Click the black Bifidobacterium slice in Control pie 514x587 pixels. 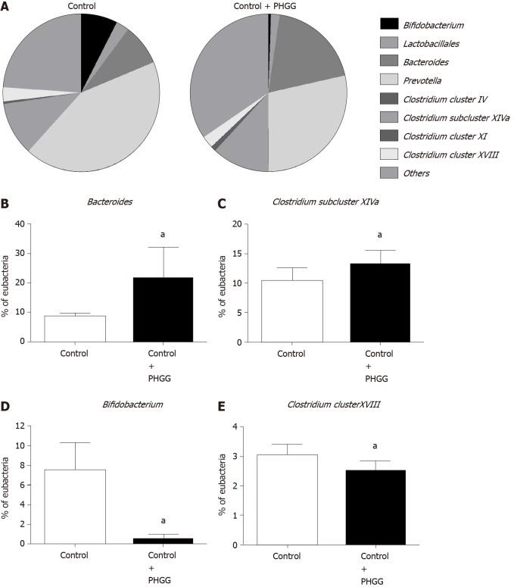[96, 32]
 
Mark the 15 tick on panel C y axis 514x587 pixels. [245, 253]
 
